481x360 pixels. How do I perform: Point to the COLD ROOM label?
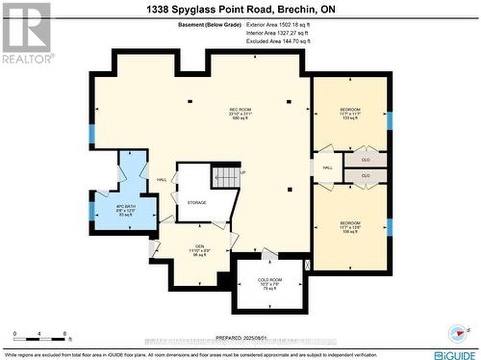pos(269,283)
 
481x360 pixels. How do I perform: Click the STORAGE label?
pos(196,203)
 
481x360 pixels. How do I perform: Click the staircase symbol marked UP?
pos(224,177)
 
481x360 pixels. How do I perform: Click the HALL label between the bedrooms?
pos(327,167)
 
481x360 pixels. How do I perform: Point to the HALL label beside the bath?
pos(162,178)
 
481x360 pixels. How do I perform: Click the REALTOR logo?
pos(26,32)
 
